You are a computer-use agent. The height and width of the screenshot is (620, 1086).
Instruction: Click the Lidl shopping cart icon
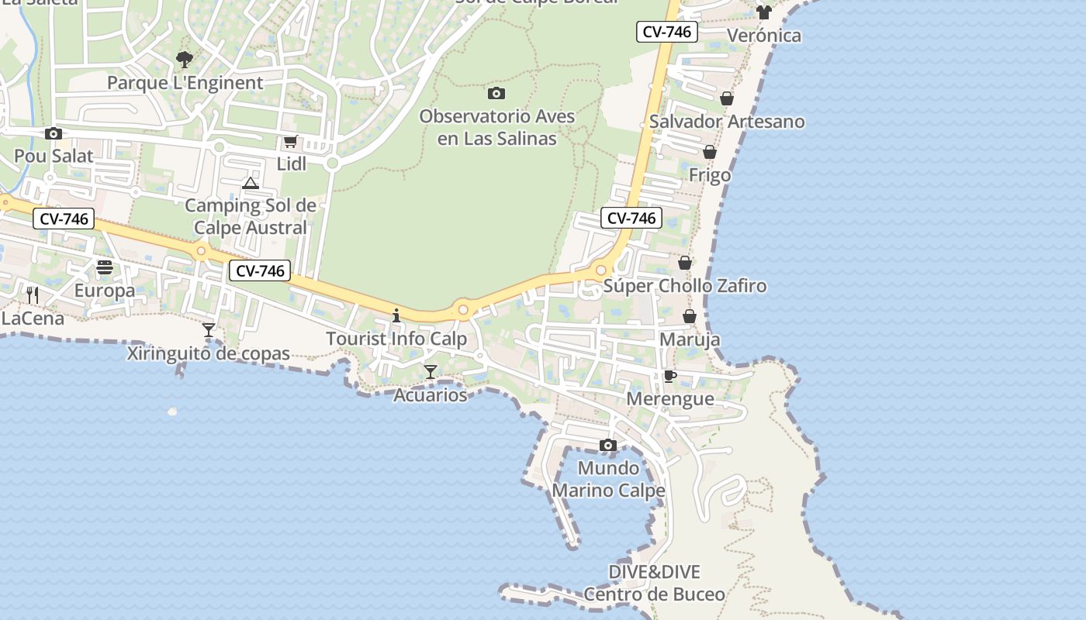coord(291,142)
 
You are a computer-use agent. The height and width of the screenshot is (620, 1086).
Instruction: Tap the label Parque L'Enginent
coord(185,83)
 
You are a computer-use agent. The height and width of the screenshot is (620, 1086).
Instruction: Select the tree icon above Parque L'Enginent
coord(184,59)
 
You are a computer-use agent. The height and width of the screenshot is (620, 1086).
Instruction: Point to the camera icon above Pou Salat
coord(54,133)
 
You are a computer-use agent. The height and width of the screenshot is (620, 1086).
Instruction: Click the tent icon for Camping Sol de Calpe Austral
coord(250,184)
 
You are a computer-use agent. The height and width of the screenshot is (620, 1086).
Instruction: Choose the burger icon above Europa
coord(105,268)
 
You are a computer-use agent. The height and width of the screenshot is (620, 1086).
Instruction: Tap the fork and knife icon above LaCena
coord(33,295)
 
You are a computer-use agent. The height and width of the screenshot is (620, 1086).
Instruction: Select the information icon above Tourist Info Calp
coord(396,315)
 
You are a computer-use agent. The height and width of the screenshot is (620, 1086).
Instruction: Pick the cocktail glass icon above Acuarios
coord(431,372)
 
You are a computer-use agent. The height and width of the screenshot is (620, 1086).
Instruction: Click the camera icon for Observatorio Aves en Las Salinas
coord(496,94)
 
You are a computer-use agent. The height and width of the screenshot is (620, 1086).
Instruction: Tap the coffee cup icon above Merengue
coord(670,377)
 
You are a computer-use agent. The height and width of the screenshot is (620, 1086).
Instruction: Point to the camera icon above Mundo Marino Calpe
coord(608,445)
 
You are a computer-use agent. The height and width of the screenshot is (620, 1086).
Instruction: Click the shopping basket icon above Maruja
coord(690,316)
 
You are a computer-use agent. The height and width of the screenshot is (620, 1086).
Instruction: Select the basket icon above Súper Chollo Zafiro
coord(685,263)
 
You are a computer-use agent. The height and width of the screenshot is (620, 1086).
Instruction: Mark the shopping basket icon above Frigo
coord(710,152)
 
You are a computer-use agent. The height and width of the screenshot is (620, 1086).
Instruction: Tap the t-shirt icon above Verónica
coord(764,12)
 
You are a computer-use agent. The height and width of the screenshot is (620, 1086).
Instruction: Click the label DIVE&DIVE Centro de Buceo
coord(654,584)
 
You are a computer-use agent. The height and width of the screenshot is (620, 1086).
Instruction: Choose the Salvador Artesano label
coord(727,122)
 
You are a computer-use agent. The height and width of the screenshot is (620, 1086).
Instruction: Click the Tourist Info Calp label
coord(396,339)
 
